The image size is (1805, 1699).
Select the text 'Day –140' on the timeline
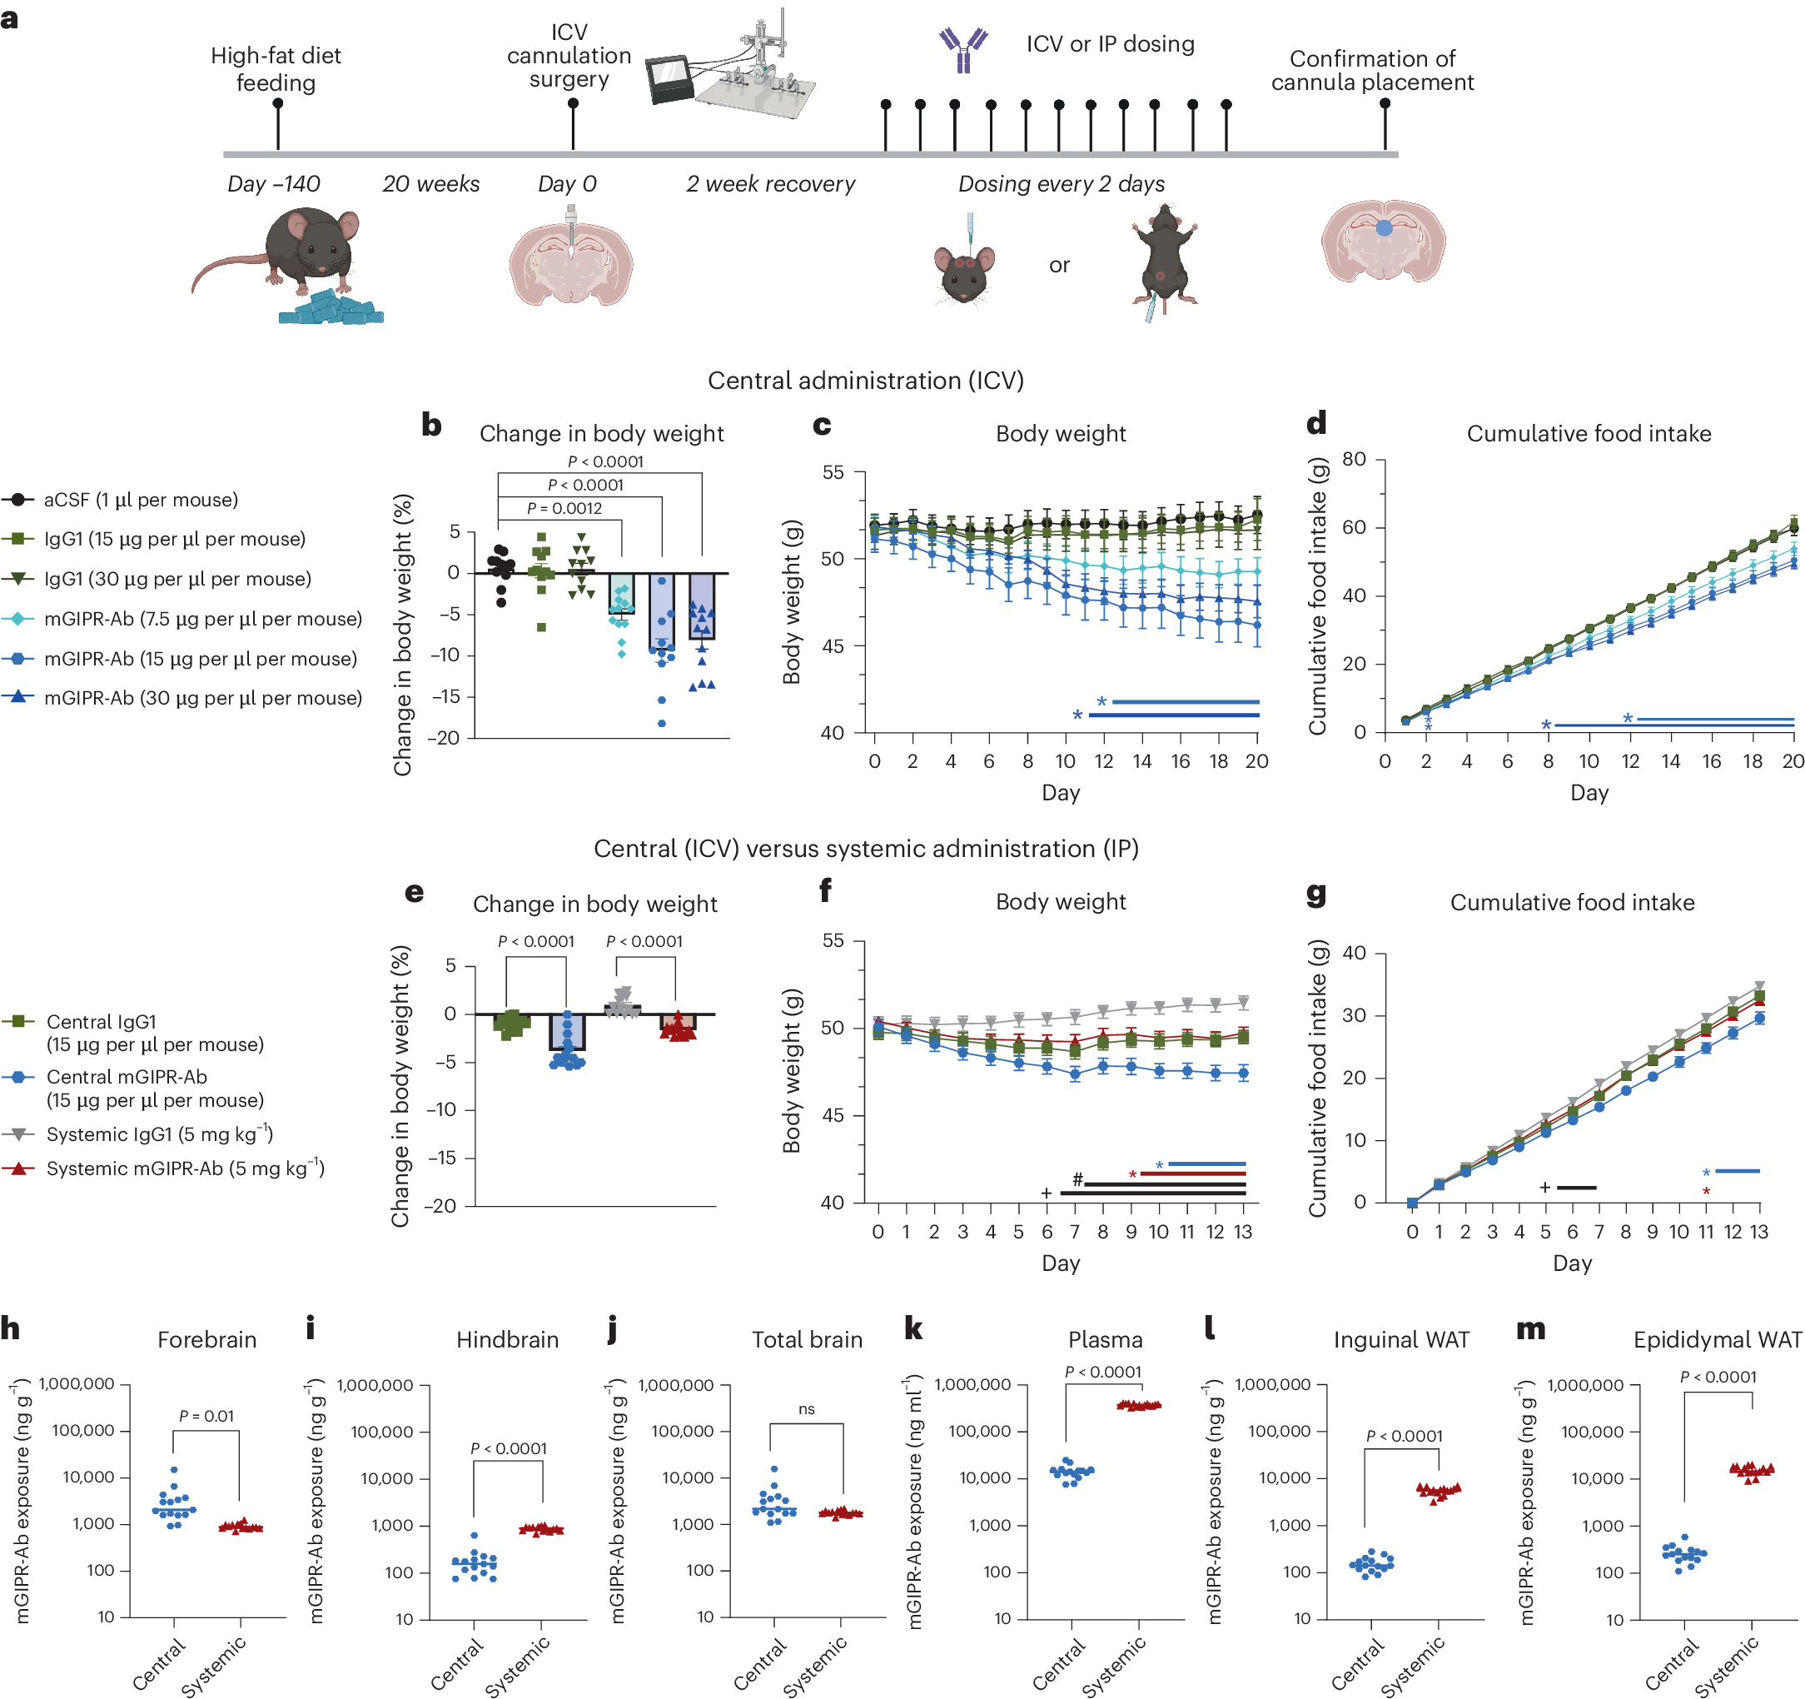point(273,183)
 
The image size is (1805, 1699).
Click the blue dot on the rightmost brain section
point(1383,229)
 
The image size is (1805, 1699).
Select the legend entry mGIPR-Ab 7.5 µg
point(202,619)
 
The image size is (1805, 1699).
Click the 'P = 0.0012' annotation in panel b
point(564,509)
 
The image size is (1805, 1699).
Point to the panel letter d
point(1315,423)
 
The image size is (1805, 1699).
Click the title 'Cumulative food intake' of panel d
point(1588,434)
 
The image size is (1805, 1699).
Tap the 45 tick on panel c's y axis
point(832,645)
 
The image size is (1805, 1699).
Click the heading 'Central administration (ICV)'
point(865,381)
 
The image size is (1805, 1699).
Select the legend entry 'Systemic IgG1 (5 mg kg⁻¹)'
point(159,1134)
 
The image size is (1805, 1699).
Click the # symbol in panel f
point(1077,1178)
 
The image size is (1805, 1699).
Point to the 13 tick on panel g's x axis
point(1758,1231)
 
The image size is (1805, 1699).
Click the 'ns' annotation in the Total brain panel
point(806,1409)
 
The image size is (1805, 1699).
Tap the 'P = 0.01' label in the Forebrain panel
point(206,1416)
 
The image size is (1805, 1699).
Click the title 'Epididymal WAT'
point(1716,1340)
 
